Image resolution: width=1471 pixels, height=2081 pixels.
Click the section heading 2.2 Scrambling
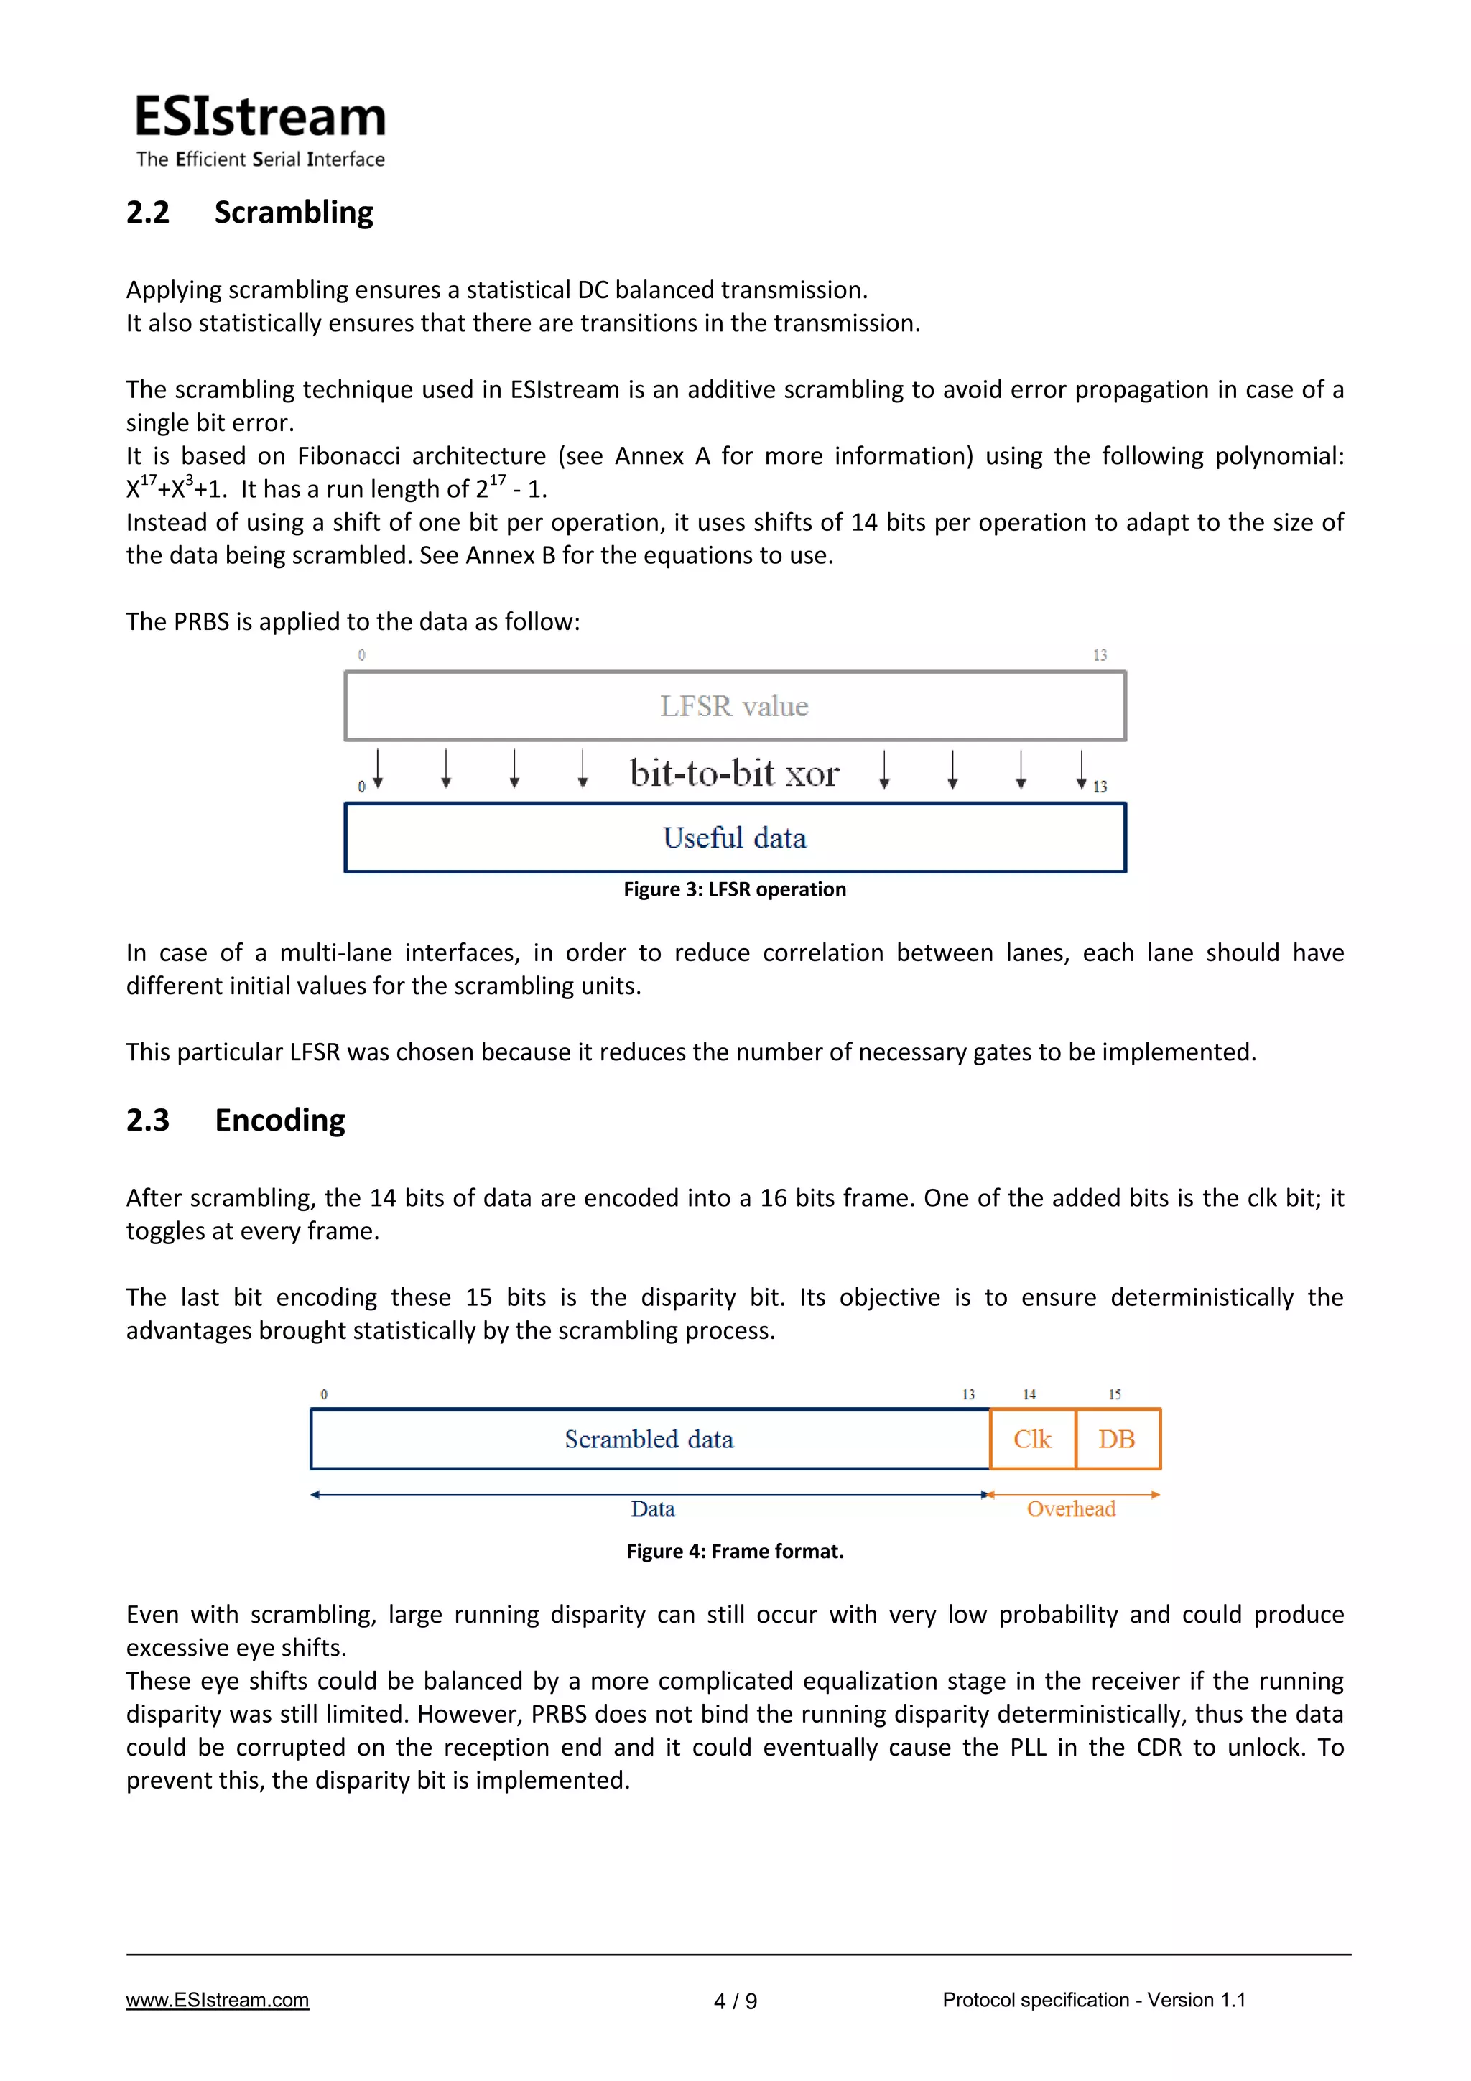[249, 212]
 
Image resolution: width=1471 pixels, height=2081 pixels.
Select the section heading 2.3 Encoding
[236, 1121]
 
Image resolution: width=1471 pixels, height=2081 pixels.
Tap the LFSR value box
[734, 706]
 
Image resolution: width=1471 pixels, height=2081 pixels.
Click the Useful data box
[734, 838]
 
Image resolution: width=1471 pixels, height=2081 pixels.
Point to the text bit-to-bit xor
[734, 773]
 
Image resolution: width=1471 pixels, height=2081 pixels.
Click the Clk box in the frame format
[1032, 1440]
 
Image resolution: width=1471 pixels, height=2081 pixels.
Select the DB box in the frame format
[1117, 1440]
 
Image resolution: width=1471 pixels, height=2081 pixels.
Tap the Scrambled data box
[649, 1440]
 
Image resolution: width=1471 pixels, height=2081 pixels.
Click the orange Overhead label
[1070, 1509]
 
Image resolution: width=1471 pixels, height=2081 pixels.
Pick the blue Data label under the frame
[653, 1509]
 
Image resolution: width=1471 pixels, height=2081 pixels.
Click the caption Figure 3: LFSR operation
[734, 889]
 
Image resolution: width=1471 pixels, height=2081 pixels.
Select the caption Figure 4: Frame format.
[734, 1551]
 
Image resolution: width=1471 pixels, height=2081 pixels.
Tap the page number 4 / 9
[735, 2001]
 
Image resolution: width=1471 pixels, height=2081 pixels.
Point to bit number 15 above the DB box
[1115, 1395]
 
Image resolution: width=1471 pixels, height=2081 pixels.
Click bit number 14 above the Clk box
[1029, 1395]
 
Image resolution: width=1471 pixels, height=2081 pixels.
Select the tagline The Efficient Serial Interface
[260, 159]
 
